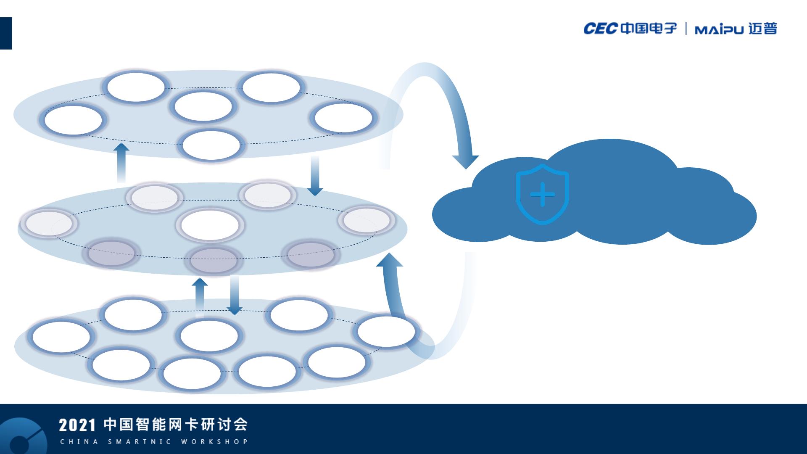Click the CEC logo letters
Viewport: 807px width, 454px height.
click(x=600, y=29)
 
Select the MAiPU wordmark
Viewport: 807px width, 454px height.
click(x=719, y=29)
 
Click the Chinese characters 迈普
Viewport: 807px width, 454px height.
click(x=763, y=29)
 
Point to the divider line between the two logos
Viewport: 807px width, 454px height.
click(x=686, y=29)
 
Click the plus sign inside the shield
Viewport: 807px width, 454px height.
click(x=542, y=195)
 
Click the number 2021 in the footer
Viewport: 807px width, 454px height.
click(x=77, y=425)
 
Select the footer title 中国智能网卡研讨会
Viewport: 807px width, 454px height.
click(x=176, y=425)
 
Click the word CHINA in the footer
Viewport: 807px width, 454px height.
click(x=79, y=442)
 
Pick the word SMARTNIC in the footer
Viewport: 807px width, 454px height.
click(x=140, y=442)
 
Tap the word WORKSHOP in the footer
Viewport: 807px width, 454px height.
click(x=214, y=442)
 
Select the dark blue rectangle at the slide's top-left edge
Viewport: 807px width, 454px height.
click(x=6, y=33)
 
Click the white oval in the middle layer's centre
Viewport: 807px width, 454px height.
click(x=210, y=225)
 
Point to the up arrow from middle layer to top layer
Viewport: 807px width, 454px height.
click(x=121, y=162)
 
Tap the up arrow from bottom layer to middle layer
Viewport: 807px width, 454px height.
click(x=200, y=294)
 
